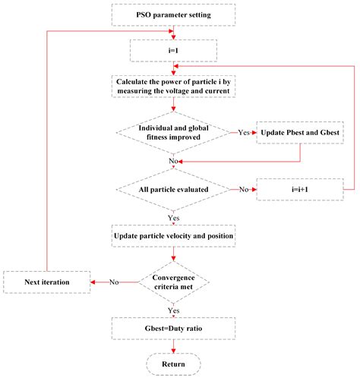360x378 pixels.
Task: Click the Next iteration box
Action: (x=48, y=282)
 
